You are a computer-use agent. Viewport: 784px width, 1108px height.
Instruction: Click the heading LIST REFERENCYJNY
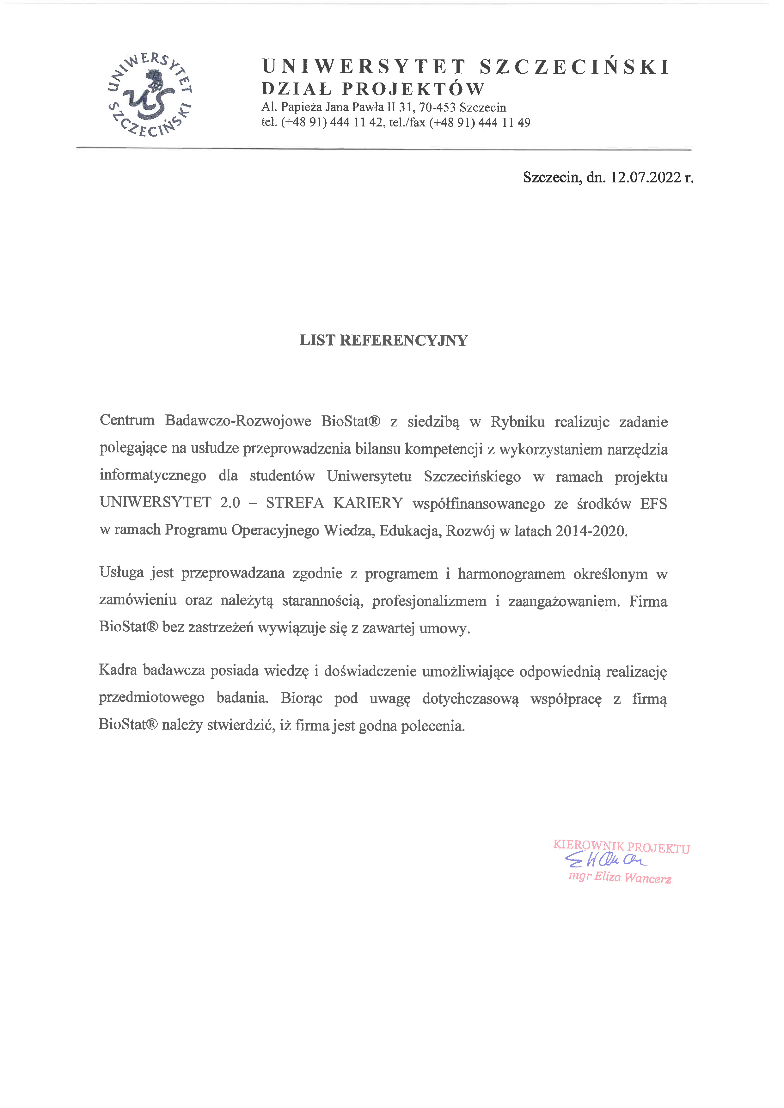click(x=383, y=340)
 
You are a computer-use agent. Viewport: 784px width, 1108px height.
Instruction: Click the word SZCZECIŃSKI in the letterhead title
click(x=574, y=67)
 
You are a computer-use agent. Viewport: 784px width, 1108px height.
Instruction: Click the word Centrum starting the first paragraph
click(x=127, y=420)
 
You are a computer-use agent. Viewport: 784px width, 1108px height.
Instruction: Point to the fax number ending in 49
click(x=480, y=123)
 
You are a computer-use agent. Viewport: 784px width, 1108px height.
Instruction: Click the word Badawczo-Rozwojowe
click(x=238, y=420)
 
